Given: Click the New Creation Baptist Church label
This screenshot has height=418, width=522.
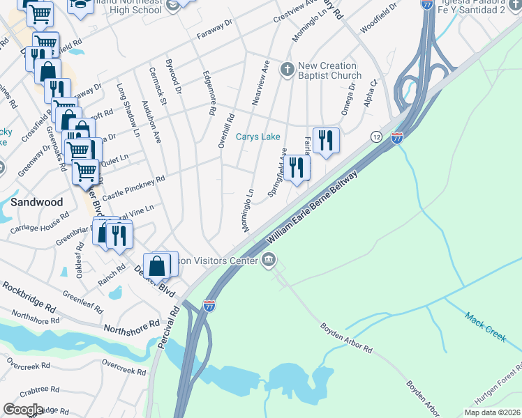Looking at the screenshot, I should point(329,70).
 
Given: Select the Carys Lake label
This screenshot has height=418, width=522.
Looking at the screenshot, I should point(258,137).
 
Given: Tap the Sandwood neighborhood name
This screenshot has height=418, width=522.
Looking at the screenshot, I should point(36,202).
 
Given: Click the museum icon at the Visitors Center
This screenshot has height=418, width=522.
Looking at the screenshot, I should point(269,261).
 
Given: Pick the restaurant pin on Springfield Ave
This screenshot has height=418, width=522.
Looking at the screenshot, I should point(297,168).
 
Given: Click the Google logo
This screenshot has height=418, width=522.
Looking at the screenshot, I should point(23,410).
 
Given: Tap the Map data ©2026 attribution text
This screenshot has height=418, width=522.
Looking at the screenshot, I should point(492,412).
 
